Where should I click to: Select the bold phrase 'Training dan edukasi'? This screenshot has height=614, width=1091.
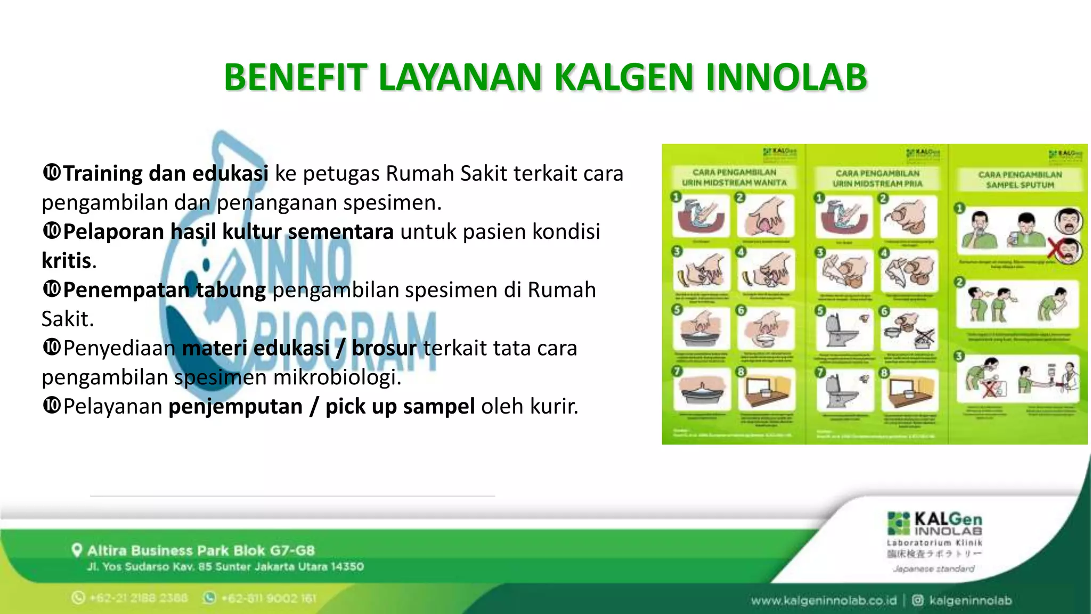[166, 174]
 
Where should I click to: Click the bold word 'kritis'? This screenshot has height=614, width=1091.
[67, 261]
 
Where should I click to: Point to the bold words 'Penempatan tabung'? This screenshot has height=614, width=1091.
[164, 290]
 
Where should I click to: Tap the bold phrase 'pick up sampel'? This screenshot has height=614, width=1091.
[400, 407]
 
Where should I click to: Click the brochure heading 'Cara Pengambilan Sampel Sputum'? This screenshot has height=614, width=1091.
[1020, 180]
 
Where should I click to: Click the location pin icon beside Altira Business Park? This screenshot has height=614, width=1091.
[77, 550]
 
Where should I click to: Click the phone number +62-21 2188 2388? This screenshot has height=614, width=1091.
[139, 598]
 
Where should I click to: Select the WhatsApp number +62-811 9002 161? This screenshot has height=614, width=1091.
[268, 599]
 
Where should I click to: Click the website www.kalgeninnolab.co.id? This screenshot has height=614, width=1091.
[824, 601]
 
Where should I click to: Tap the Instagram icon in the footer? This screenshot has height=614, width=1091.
[917, 601]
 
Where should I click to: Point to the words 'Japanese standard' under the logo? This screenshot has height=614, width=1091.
[934, 569]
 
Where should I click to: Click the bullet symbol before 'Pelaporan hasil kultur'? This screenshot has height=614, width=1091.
[52, 231]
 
